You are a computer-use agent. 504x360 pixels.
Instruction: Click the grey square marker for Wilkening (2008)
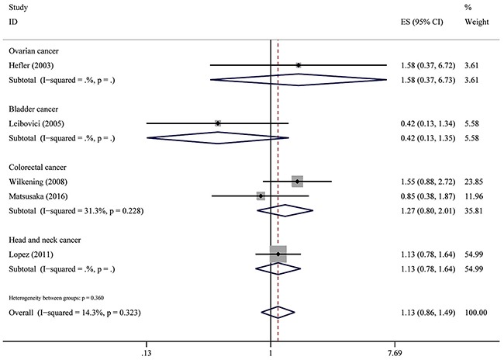click(x=297, y=181)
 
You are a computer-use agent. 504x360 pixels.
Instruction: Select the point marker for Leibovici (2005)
click(x=218, y=123)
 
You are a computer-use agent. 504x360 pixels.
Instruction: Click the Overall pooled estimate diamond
click(x=278, y=312)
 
